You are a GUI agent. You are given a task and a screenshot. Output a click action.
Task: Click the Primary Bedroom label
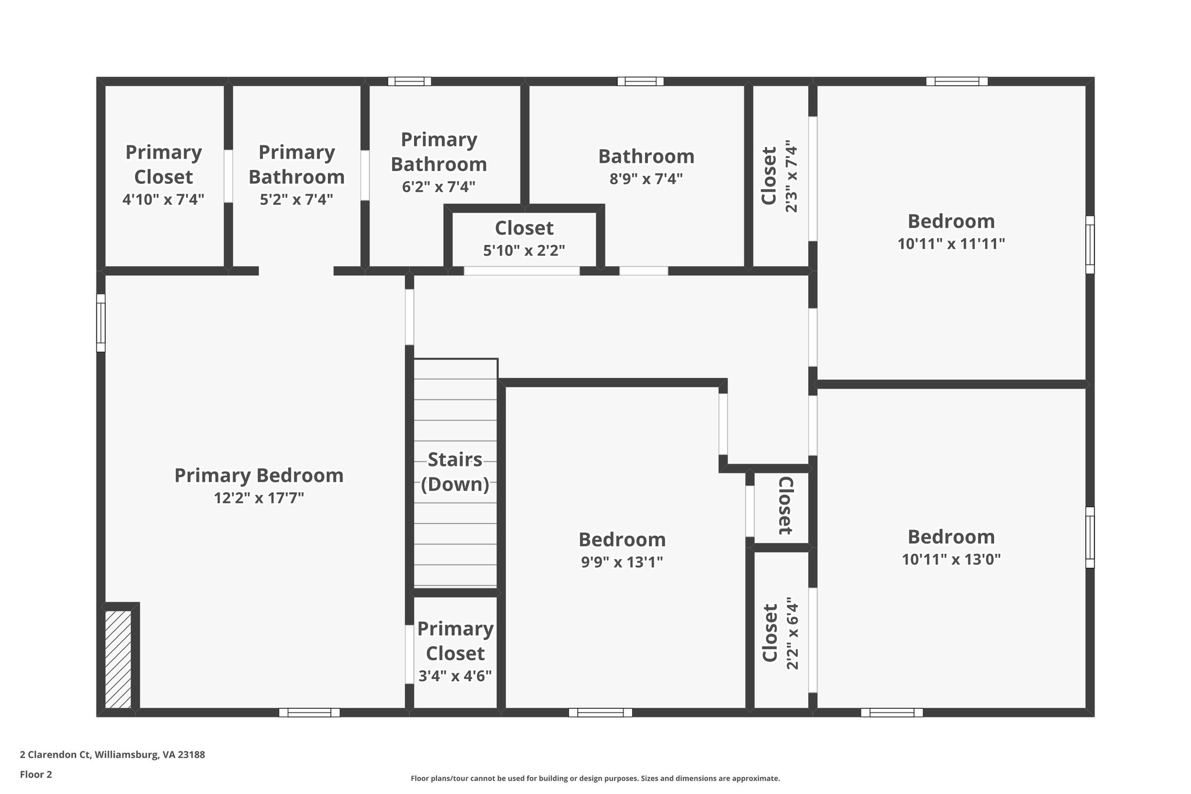pos(259,475)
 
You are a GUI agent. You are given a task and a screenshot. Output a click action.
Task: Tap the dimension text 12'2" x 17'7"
pos(259,498)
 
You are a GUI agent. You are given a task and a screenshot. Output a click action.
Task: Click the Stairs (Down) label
pos(455,472)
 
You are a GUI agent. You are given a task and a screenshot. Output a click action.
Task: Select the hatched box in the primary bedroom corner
pos(118,658)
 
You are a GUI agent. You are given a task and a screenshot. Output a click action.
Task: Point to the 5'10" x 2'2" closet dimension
pos(524,250)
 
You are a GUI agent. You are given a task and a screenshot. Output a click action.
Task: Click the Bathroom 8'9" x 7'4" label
pos(646,156)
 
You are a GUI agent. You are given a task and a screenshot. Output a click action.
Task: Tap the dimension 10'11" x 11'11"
pos(951,243)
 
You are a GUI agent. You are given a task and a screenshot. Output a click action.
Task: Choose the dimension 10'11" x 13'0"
pos(951,559)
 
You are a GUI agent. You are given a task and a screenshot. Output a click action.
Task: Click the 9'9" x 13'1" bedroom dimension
pos(622,562)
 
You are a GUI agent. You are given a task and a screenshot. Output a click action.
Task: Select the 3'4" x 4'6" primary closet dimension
pos(455,675)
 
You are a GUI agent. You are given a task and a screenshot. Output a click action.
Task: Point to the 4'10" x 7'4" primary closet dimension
pos(163,200)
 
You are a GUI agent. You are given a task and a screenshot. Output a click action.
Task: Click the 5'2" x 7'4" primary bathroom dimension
pos(297,200)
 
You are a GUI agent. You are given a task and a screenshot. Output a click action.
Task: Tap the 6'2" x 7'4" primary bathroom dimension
pos(438,187)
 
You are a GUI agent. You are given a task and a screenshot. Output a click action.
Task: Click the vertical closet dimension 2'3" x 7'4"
pos(791,176)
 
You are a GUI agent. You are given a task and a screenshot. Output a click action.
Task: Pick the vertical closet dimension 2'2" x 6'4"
pos(791,633)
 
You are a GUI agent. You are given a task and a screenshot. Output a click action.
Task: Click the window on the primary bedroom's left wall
pos(101,323)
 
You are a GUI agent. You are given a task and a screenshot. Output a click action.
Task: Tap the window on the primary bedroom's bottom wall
pos(309,712)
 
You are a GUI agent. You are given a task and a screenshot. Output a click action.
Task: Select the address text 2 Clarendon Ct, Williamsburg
pos(112,754)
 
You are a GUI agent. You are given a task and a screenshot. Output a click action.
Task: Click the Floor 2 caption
pos(36,774)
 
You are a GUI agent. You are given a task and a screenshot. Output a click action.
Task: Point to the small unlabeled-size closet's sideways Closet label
pos(785,505)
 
